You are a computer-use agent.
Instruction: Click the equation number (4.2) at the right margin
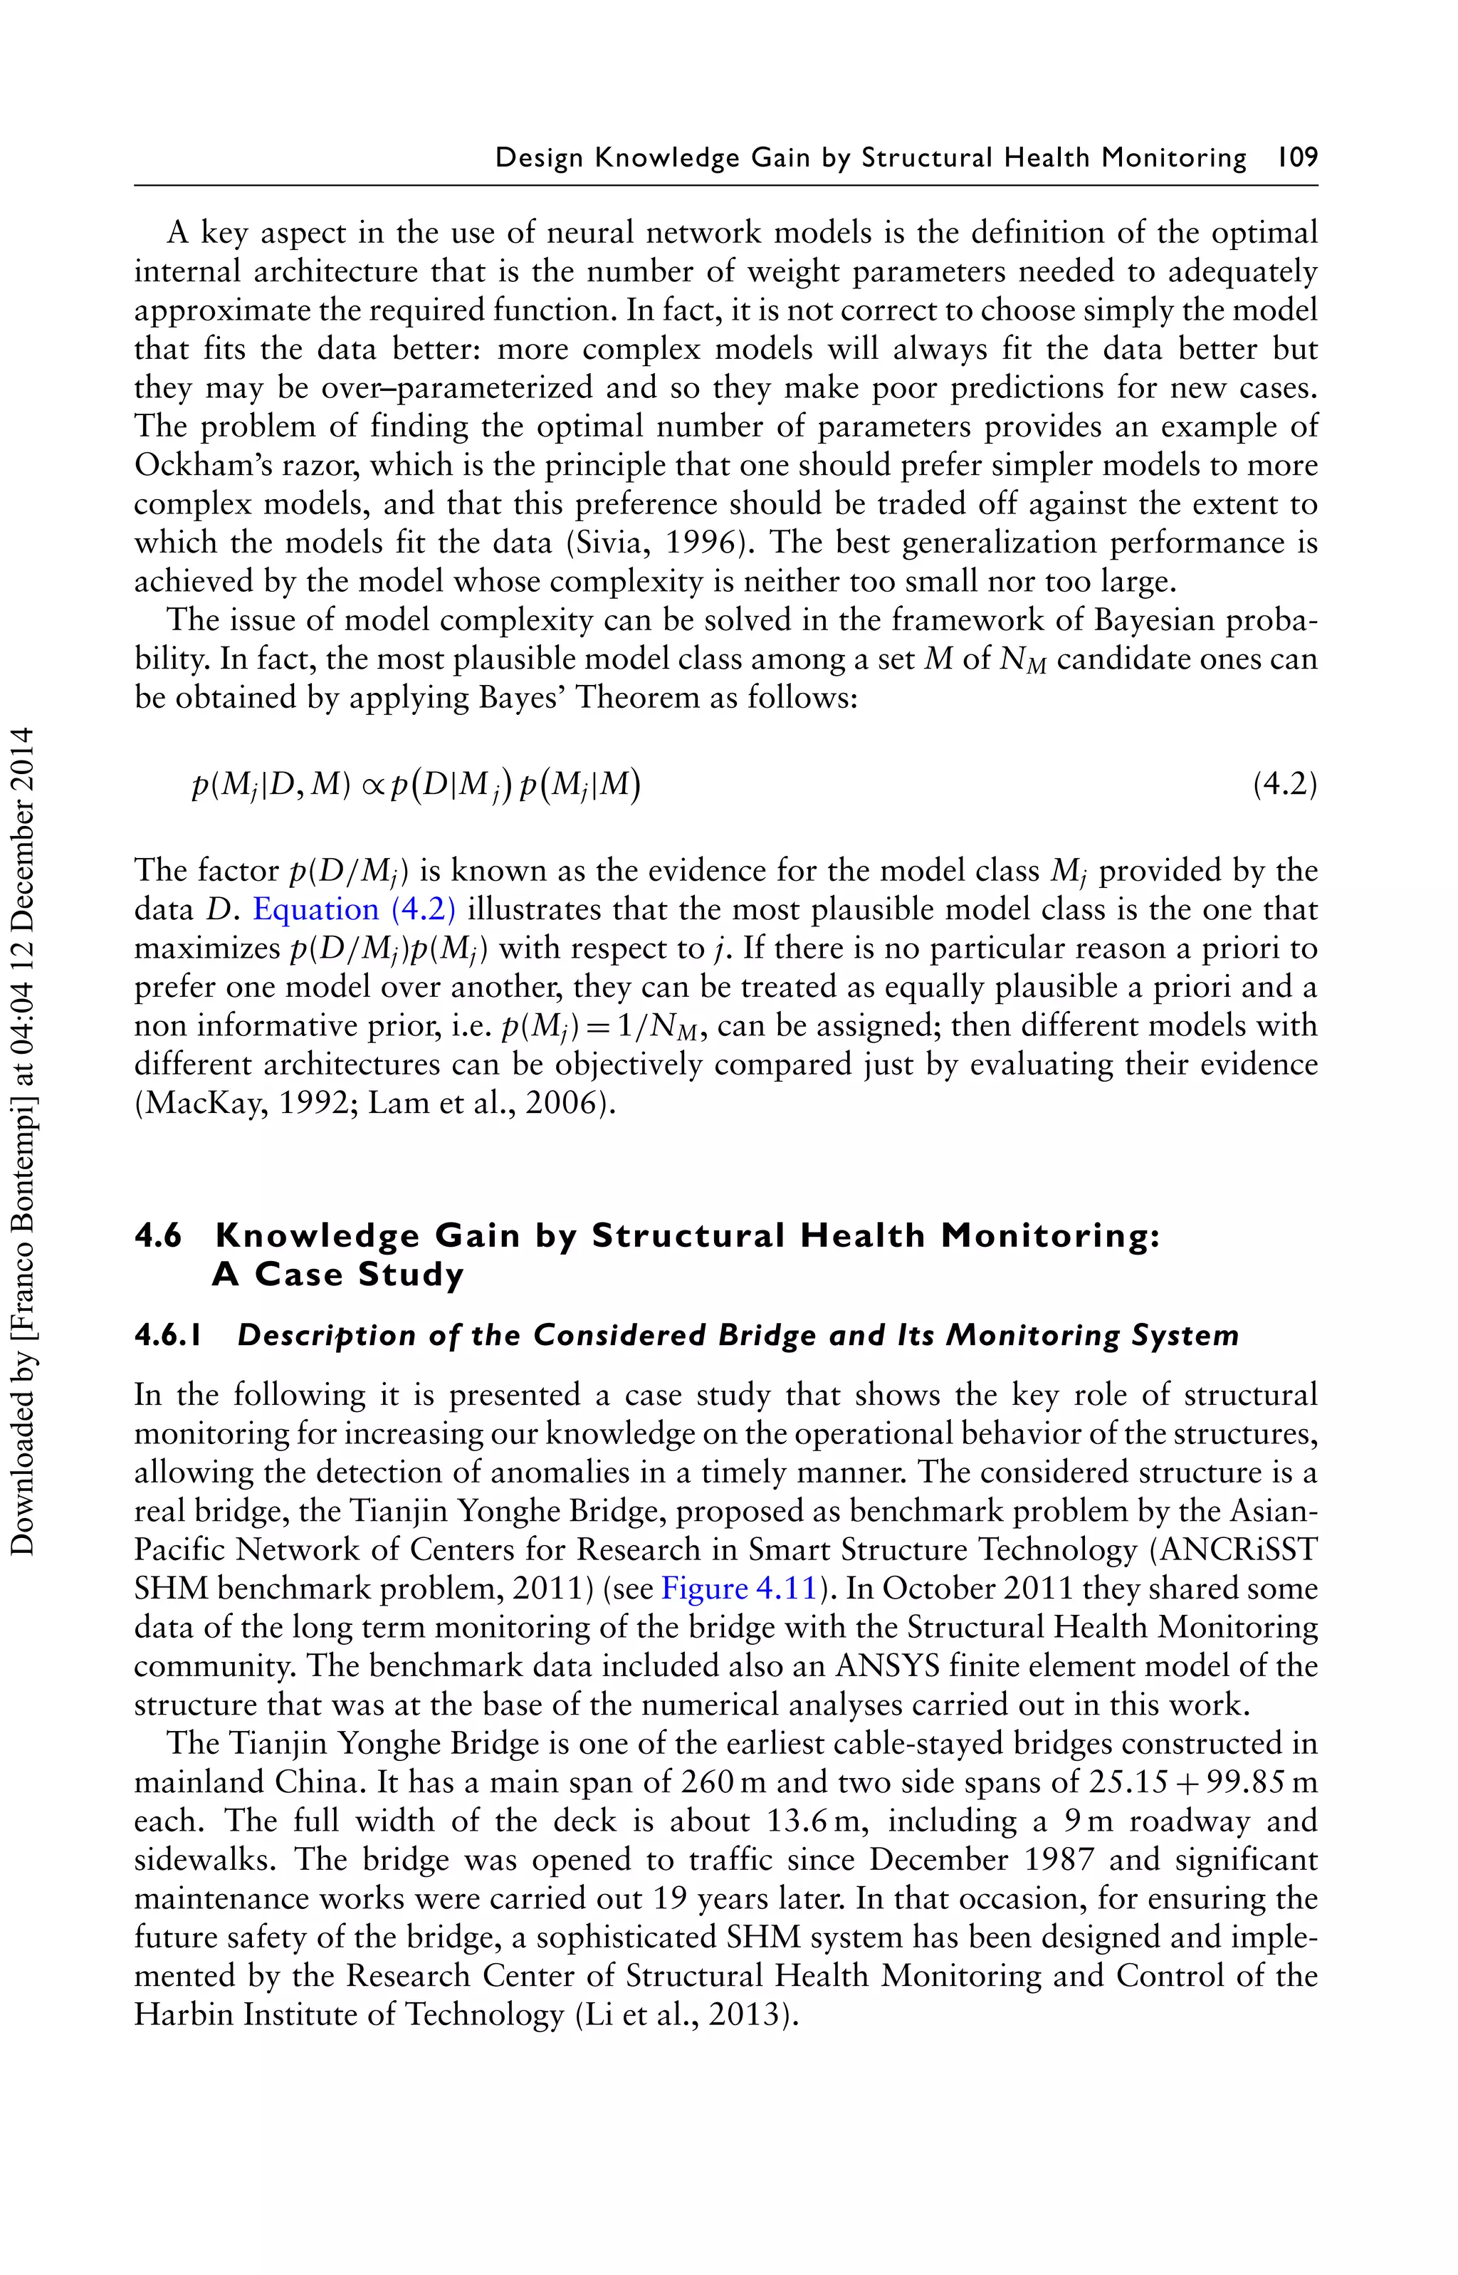1285,785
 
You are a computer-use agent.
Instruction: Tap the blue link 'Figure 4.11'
738,1588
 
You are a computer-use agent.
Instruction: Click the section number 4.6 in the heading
158,1235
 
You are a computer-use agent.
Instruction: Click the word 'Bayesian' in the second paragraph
1154,621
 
